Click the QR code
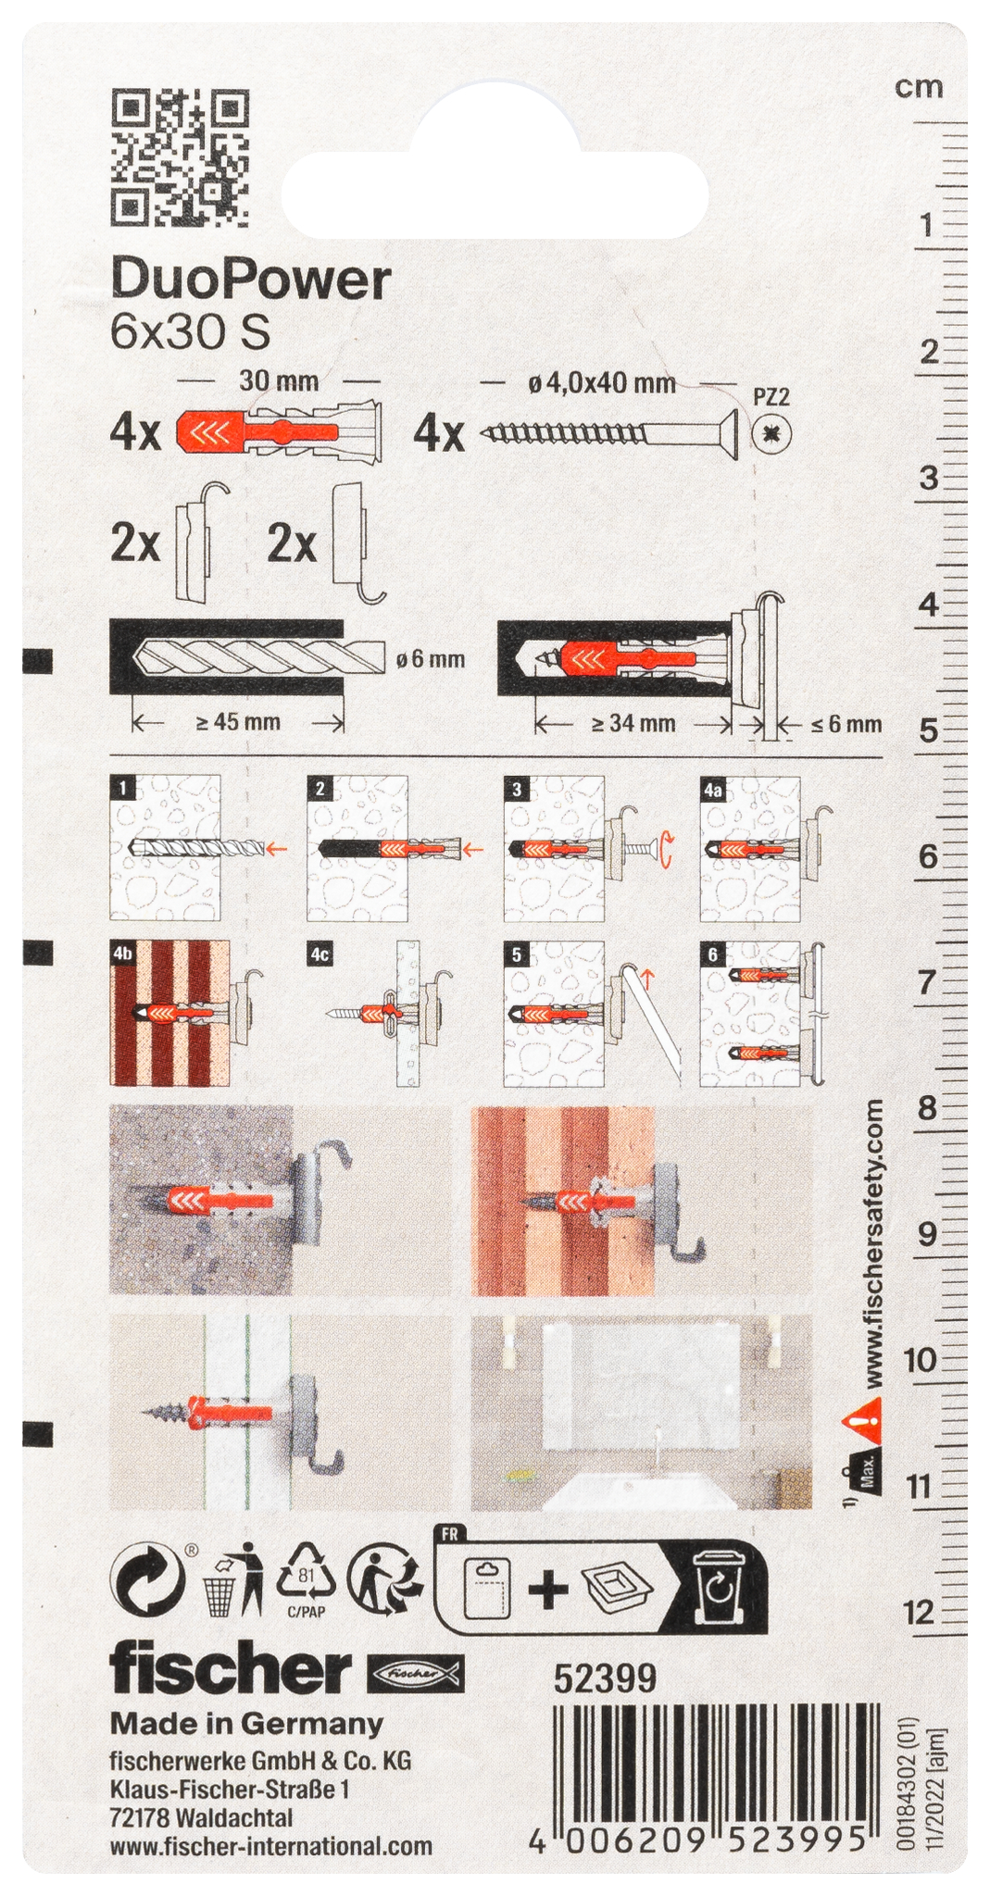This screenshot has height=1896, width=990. click(x=181, y=158)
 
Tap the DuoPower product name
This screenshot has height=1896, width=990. click(x=251, y=280)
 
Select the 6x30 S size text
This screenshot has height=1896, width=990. click(x=190, y=332)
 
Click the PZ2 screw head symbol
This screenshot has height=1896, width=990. click(x=772, y=432)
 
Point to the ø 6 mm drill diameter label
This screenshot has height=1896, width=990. click(x=430, y=659)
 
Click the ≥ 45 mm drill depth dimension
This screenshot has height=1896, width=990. click(x=238, y=722)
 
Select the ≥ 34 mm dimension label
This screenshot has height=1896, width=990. click(x=633, y=723)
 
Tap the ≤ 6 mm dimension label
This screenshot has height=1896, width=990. click(x=846, y=724)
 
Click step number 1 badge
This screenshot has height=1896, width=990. click(x=122, y=788)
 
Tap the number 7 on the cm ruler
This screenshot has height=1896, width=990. click(x=927, y=982)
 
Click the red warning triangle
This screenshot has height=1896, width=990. click(x=861, y=1414)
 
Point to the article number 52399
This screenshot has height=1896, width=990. click(x=605, y=1678)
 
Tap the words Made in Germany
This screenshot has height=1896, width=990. click(x=246, y=1724)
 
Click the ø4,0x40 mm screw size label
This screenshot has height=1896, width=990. click(x=602, y=382)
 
